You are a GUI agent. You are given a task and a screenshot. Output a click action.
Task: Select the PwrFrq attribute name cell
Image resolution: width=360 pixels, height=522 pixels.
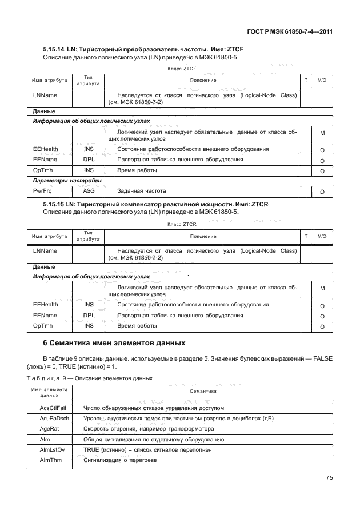point(41,190)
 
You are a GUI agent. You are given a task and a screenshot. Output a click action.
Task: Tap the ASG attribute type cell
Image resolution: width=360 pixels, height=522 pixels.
point(89,190)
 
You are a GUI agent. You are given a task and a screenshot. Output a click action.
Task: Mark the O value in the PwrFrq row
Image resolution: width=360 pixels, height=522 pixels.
point(322,192)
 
